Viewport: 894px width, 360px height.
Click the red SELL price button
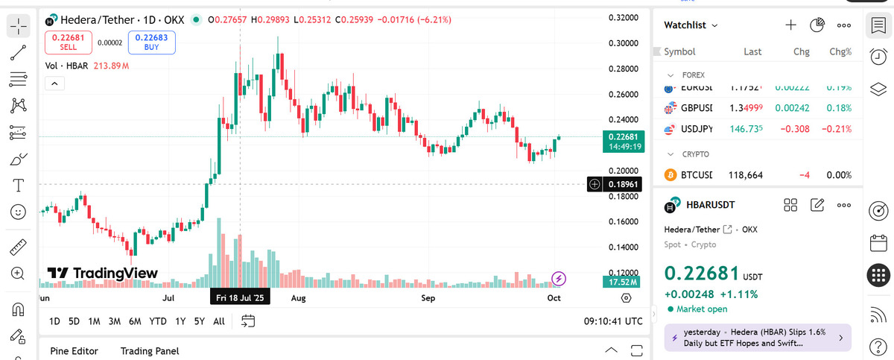click(x=68, y=42)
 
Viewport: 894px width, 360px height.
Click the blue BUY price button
click(x=151, y=42)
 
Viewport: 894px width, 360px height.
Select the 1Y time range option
click(x=180, y=321)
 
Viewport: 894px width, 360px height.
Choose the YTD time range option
click(x=157, y=321)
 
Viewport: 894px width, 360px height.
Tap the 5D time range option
click(x=74, y=321)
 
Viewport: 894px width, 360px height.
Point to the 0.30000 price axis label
click(x=624, y=43)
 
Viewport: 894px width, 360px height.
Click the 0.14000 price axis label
click(x=624, y=247)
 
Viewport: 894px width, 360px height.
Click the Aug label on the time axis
click(x=298, y=298)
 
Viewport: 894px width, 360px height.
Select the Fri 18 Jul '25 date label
click(x=239, y=297)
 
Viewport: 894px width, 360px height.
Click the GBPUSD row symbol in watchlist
click(x=696, y=108)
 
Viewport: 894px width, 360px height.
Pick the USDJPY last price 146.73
click(x=746, y=129)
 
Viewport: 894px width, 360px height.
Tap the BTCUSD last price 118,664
click(x=744, y=175)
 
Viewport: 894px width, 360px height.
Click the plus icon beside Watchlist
click(x=790, y=25)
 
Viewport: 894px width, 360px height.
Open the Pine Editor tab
click(x=74, y=351)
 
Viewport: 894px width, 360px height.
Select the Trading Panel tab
click(x=150, y=351)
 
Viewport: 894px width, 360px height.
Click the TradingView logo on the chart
click(x=103, y=274)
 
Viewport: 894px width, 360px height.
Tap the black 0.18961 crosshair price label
click(x=622, y=183)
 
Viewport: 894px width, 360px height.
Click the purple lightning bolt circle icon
click(x=559, y=279)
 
